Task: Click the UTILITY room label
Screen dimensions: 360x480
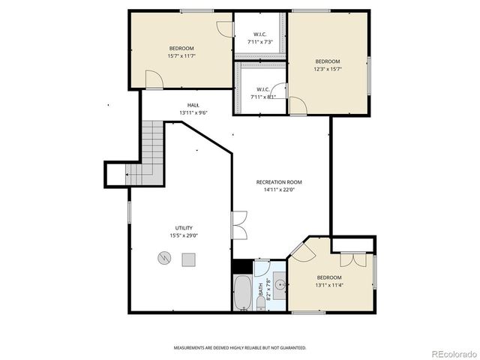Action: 184,228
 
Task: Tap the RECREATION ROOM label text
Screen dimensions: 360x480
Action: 279,182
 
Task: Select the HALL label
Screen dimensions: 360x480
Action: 193,105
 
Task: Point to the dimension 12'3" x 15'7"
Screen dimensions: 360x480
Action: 327,69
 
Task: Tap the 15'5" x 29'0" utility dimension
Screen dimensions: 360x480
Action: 184,235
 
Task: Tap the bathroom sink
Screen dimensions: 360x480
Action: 279,285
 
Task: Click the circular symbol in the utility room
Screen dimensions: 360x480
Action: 164,259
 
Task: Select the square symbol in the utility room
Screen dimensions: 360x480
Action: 188,259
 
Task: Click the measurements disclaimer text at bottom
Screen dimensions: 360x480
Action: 240,348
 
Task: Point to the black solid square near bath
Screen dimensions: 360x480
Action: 241,266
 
